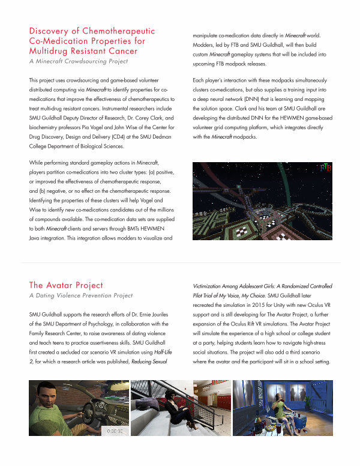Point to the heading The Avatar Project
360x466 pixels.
[66, 285]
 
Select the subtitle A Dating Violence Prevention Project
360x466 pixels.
[80, 296]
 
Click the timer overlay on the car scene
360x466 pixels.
[115, 430]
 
